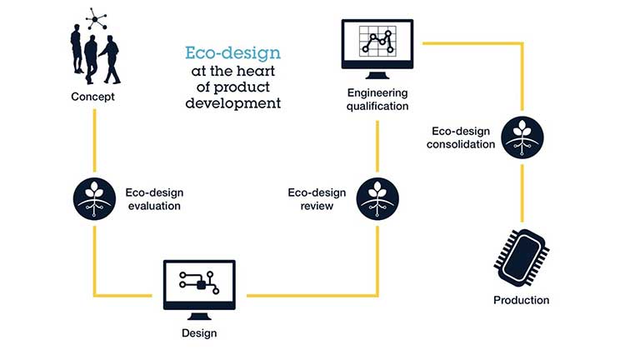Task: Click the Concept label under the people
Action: (92, 97)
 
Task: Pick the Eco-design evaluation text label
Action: (152, 197)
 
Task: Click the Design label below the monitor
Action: (199, 333)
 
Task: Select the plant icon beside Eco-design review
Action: (377, 197)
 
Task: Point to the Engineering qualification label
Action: (377, 99)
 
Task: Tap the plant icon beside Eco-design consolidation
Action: (522, 137)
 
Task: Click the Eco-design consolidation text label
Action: (462, 137)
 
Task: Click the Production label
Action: (521, 300)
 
